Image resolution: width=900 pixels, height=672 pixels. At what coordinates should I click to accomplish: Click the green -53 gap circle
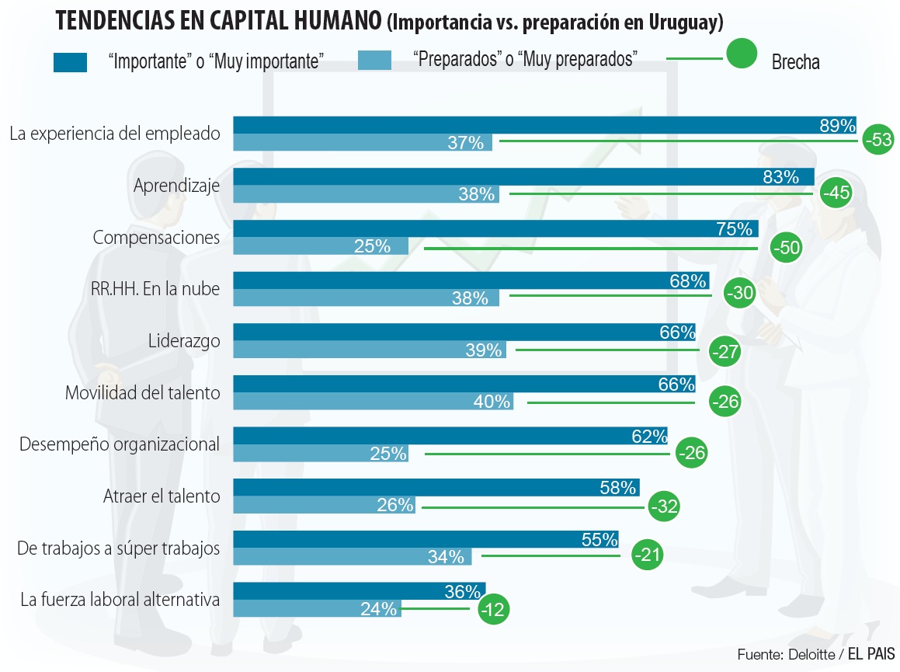pos(878,141)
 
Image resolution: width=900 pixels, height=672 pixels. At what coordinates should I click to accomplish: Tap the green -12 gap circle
pos(493,609)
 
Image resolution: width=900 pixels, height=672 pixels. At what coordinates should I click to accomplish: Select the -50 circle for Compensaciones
pos(786,247)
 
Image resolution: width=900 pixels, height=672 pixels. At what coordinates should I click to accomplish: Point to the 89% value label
pos(837,126)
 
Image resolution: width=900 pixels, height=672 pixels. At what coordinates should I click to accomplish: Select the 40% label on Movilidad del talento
pos(492,402)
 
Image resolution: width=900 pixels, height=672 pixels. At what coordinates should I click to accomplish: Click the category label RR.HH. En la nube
pos(151,289)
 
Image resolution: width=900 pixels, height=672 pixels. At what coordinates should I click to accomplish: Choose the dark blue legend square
pos(70,62)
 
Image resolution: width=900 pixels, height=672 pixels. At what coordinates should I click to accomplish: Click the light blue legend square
pos(374,61)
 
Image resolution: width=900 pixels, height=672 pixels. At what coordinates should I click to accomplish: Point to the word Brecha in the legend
pos(795,63)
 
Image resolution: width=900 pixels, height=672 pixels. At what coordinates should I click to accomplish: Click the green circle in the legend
pos(741,54)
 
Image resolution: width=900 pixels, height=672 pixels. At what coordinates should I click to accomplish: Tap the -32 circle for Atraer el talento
pos(663,507)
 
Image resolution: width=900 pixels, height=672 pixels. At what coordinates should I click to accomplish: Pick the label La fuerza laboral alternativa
pos(120,600)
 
